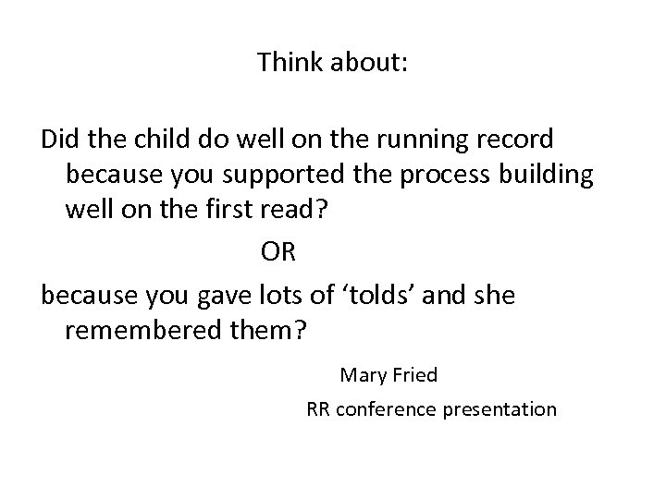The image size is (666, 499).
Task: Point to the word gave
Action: pos(228,296)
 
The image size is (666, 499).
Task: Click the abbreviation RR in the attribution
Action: pos(318,408)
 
